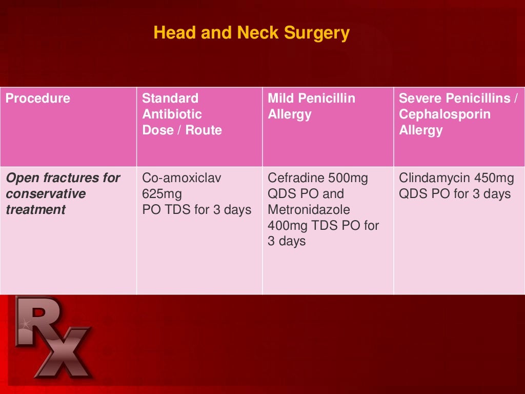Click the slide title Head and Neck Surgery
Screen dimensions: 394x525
pos(251,33)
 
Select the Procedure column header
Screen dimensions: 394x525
pos(38,98)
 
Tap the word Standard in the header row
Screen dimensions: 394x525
pos(170,98)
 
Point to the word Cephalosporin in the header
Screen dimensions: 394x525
pos(445,114)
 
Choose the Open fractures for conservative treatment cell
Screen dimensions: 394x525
pos(63,194)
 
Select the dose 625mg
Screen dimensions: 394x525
pos(162,194)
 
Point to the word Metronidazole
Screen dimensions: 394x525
pos(309,210)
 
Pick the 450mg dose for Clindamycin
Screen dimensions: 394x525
pos(494,178)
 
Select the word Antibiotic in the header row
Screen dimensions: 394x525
pos(172,114)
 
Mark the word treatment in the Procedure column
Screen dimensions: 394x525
pos(35,210)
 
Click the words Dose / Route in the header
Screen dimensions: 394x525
pos(182,130)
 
